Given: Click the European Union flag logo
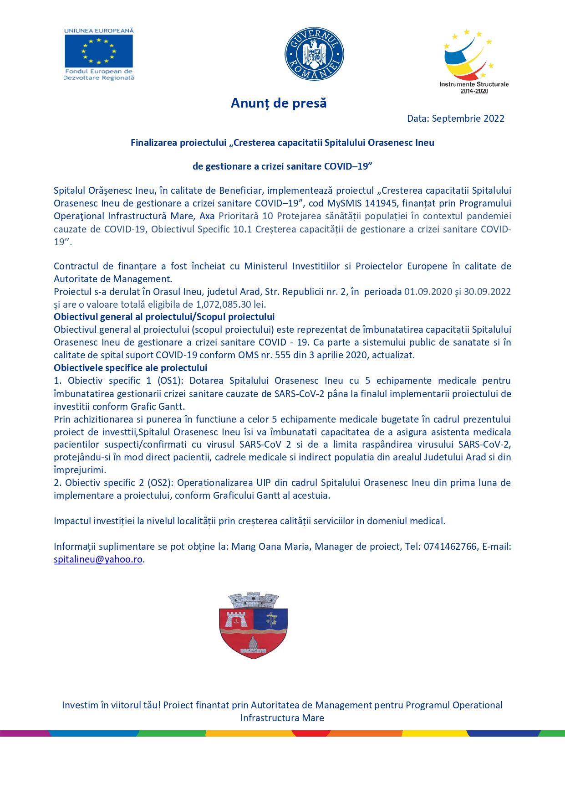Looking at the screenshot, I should (x=98, y=51).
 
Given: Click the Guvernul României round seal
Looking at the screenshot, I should (x=314, y=54).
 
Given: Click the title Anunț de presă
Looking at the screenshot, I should (x=279, y=103).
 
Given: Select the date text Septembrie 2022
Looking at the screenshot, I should (x=468, y=119).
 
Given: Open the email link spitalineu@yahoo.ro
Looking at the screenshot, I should (x=98, y=559).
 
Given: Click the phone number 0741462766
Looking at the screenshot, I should (x=450, y=547).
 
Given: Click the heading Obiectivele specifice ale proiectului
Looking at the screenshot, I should (x=130, y=368).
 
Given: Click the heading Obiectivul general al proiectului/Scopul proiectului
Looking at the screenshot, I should (x=164, y=317).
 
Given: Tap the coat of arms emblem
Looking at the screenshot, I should (x=254, y=625).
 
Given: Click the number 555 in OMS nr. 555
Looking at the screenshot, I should (x=282, y=355).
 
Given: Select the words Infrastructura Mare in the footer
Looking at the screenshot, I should (x=282, y=718).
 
